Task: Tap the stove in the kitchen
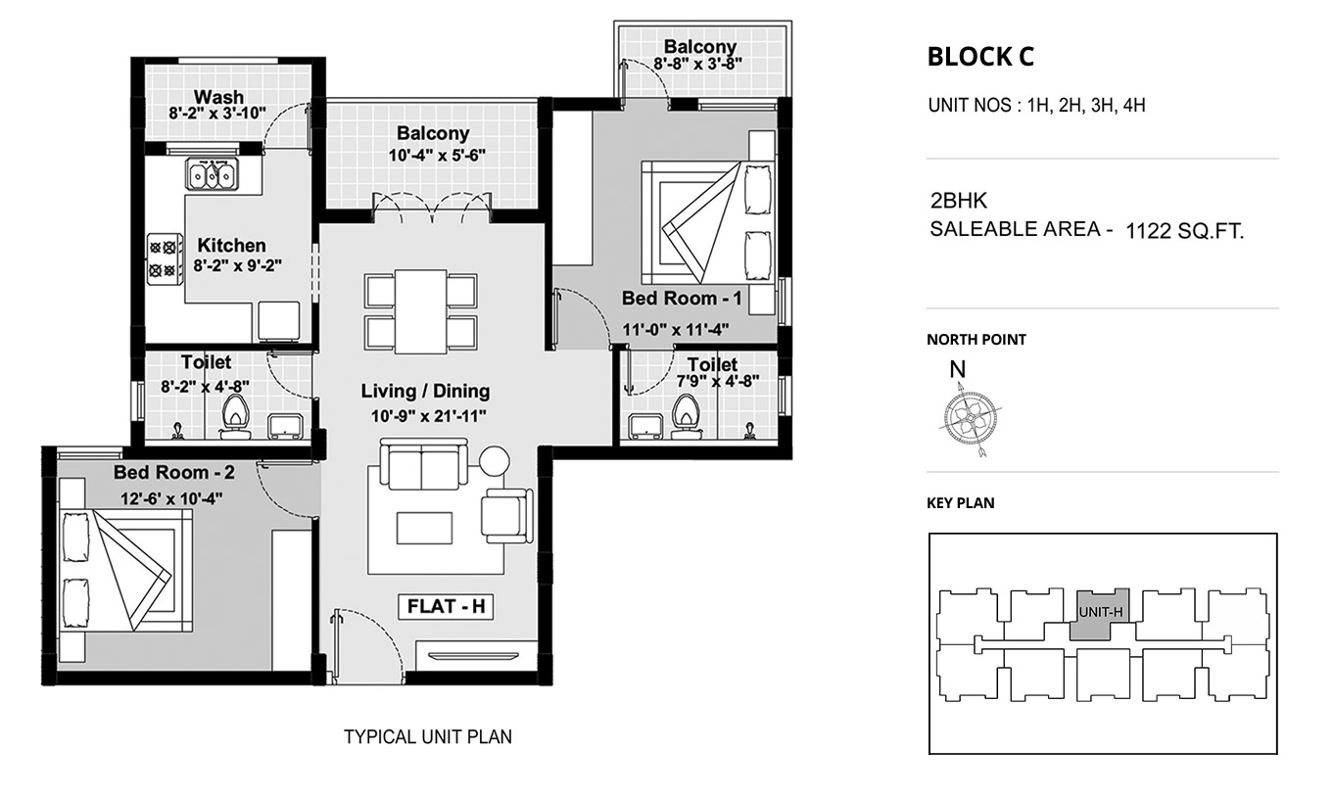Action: pos(165,258)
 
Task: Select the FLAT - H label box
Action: pos(446,606)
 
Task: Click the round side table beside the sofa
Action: pos(495,461)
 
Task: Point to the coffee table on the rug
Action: pos(425,528)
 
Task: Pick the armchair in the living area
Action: pos(507,516)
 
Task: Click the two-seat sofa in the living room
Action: pos(424,463)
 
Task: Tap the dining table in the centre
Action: pos(420,312)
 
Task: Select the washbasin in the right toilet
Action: pos(644,427)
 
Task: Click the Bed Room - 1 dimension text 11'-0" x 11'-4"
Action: pos(676,329)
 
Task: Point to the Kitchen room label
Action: pos(232,245)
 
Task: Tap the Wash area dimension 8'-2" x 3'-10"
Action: pos(217,113)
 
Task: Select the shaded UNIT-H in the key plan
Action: pos(1099,614)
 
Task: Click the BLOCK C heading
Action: pos(980,57)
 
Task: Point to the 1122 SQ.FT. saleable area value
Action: pos(1184,231)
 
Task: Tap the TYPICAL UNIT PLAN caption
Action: pos(428,737)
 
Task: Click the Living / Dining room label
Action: pos(425,391)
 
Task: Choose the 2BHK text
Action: pos(959,201)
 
